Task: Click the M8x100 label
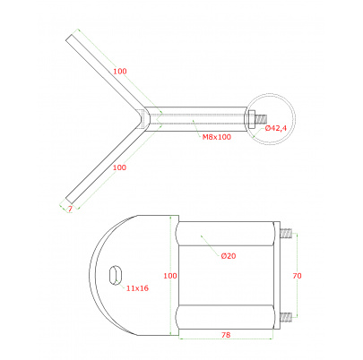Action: click(217, 137)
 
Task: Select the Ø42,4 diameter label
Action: click(276, 128)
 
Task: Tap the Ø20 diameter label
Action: click(229, 256)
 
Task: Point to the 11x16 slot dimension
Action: click(137, 288)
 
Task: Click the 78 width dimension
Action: click(226, 335)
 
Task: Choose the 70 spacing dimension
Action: click(297, 276)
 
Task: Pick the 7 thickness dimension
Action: click(70, 209)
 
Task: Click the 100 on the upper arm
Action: click(120, 71)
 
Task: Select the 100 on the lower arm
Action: click(119, 167)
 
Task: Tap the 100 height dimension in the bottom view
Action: click(170, 276)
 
